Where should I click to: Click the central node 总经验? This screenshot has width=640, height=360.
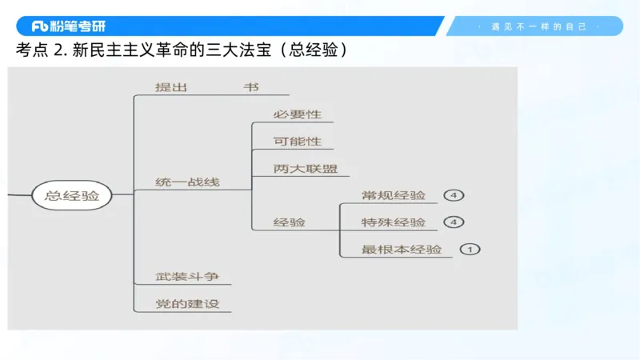point(72,195)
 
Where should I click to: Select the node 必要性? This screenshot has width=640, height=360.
point(297,114)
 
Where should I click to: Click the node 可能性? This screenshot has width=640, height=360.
point(297,142)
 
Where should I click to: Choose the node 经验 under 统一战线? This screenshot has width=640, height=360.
point(289,222)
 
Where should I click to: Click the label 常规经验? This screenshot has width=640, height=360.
point(393,195)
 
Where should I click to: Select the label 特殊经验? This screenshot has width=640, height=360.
point(393,222)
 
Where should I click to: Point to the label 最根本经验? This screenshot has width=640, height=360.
point(401,249)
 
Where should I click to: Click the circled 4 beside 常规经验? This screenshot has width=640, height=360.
point(454,195)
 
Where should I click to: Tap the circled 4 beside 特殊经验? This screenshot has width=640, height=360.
point(454,222)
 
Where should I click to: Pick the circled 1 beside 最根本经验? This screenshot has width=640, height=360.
point(470,249)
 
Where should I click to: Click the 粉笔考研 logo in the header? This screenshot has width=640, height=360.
point(72,26)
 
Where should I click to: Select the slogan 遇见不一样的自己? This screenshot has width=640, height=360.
point(538,26)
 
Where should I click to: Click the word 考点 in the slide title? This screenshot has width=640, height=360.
point(32,50)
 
